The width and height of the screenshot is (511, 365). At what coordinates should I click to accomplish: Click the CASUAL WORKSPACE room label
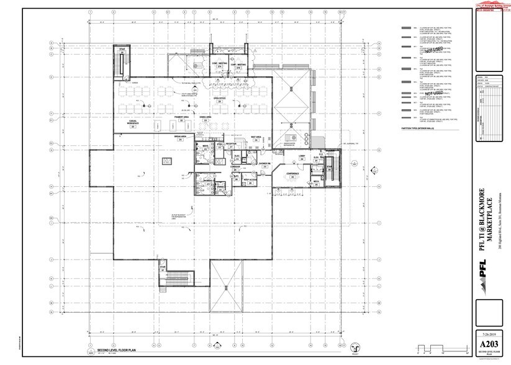pos(133,123)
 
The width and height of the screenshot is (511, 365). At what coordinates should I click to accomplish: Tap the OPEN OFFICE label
pos(219,98)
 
